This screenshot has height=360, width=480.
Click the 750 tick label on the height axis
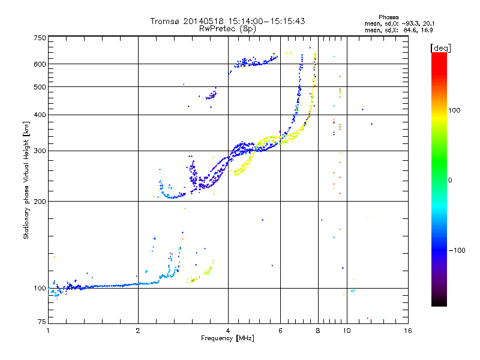40,38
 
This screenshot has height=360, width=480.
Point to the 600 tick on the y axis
40,64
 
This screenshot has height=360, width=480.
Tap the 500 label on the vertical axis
40,87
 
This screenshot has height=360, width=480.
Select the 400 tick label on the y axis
40,115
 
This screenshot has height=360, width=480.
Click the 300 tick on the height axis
40,151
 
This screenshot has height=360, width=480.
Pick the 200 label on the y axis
40,201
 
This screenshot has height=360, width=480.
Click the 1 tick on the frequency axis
48,331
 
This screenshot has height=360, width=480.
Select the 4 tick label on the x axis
228,331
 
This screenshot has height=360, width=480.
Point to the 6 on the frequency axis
280,331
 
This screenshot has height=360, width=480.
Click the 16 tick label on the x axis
407,331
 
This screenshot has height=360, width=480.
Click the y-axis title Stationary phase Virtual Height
26,180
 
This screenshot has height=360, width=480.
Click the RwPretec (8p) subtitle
227,28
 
